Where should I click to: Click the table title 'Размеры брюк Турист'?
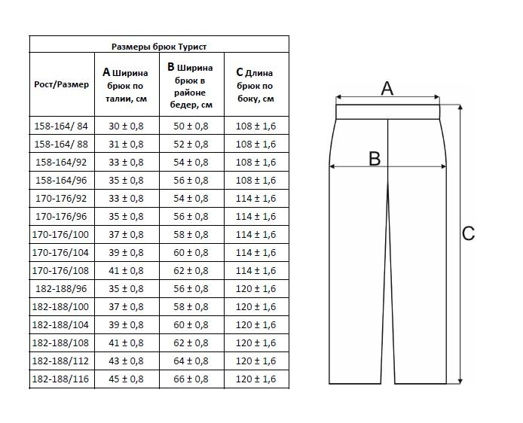click(159, 46)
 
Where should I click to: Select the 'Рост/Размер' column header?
click(62, 84)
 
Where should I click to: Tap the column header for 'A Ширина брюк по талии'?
click(126, 85)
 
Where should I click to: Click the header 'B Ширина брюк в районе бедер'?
click(191, 85)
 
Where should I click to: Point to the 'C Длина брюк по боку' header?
click(256, 85)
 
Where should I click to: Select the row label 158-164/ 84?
click(62, 126)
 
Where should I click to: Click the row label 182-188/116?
click(62, 379)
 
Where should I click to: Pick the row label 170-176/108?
click(62, 270)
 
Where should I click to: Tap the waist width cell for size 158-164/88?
click(126, 144)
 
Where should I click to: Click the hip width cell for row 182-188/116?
click(191, 379)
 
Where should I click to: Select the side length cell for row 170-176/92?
click(256, 198)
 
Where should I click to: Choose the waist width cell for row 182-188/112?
click(126, 361)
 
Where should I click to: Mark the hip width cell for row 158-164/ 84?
click(191, 126)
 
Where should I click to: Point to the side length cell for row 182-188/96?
click(256, 288)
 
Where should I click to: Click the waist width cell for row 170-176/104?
click(126, 252)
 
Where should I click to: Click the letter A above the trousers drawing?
click(387, 88)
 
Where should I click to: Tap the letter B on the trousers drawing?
click(375, 158)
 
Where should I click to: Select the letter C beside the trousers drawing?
click(468, 233)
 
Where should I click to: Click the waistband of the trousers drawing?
click(387, 111)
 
